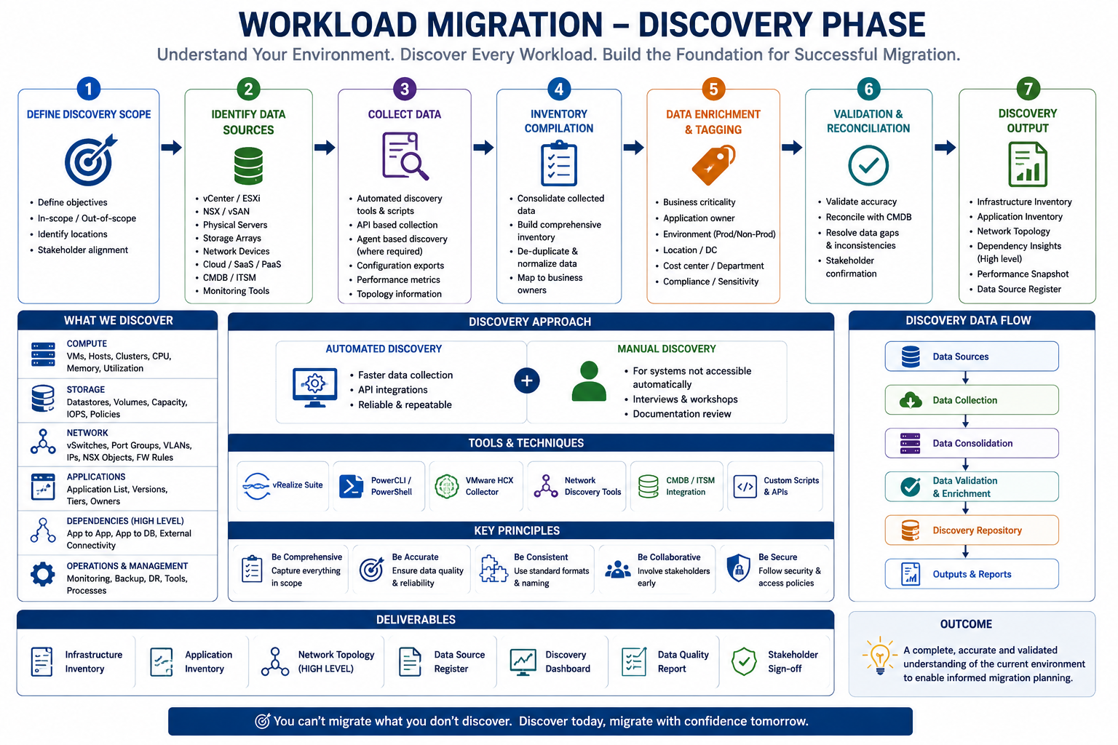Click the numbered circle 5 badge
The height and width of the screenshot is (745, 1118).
[x=713, y=89]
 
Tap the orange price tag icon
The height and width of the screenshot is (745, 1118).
[x=714, y=164]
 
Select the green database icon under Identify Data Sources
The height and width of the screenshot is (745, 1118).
[x=248, y=166]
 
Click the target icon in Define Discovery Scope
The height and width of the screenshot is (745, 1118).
[x=90, y=159]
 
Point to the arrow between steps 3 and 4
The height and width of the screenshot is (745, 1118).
[x=483, y=147]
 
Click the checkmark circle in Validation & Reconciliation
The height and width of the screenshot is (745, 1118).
[x=868, y=165]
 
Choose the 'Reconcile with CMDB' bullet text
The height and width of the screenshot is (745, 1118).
[x=868, y=217]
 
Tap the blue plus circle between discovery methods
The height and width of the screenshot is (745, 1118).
[x=526, y=381]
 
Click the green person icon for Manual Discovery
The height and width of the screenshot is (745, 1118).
[x=589, y=381]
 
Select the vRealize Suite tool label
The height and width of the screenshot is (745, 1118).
[x=298, y=485]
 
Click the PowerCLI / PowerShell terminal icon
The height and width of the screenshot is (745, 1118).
[x=352, y=486]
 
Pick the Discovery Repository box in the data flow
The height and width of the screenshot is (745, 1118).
[x=972, y=530]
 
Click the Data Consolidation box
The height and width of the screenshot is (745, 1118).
[x=972, y=443]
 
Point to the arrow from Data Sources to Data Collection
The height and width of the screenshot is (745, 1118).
[x=965, y=378]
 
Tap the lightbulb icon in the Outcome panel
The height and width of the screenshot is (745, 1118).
[x=879, y=656]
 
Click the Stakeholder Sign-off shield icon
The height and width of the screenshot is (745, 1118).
[x=744, y=661]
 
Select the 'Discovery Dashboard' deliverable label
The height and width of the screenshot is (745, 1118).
[x=568, y=661]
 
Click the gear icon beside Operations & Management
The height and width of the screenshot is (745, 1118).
[x=43, y=574]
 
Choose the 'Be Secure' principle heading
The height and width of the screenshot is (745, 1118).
[x=777, y=557]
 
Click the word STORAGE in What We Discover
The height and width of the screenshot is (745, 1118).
[x=86, y=389]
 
